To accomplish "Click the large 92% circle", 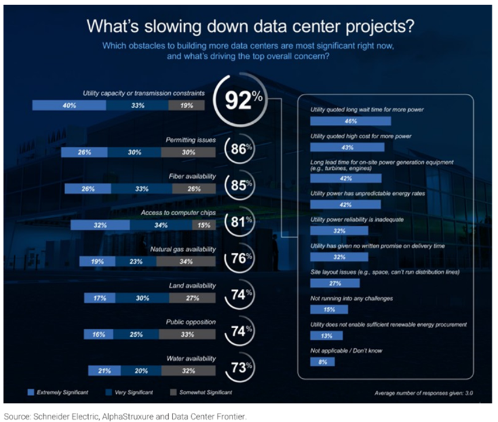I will tap(243, 100).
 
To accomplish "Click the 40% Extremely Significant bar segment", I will tap(69, 105).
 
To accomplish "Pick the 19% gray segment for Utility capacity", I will tap(187, 105).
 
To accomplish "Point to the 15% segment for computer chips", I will tap(203, 225).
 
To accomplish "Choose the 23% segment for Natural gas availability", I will tap(135, 261).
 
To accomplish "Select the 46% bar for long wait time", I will tap(350, 121).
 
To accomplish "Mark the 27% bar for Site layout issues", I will tap(334, 283).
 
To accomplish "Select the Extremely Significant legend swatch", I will tap(32, 392).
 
